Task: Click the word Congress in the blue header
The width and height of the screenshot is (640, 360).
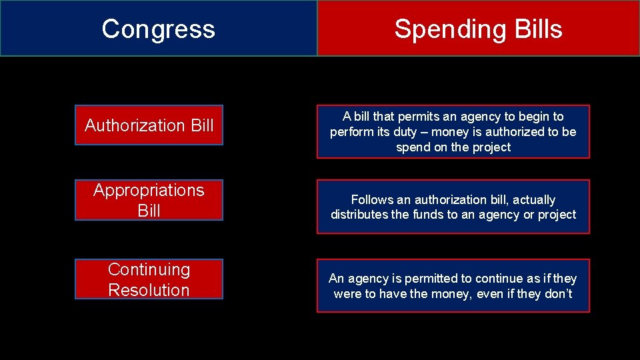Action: tap(159, 29)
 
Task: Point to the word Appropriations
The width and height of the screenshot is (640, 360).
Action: tap(149, 190)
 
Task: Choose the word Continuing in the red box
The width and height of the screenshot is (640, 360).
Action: tap(149, 269)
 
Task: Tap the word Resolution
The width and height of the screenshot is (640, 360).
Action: tap(149, 290)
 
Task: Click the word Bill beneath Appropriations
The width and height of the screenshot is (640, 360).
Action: tap(149, 211)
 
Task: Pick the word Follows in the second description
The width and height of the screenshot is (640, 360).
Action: tap(373, 199)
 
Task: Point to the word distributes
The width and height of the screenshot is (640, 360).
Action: tap(359, 215)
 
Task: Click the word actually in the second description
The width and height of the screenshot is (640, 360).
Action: tap(533, 199)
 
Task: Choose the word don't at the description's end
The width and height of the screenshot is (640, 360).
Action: tap(558, 294)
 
